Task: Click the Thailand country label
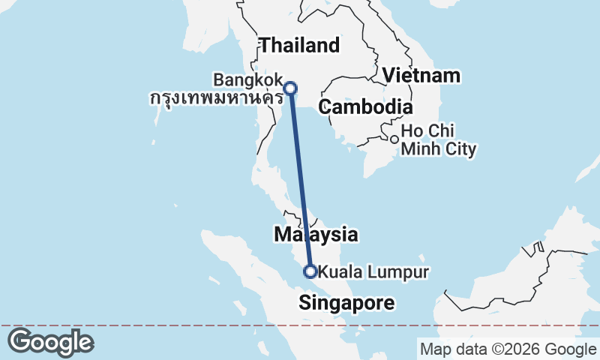pos(299,45)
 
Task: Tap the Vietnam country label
pos(421,76)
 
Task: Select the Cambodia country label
pos(365,107)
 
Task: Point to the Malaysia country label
pos(315,235)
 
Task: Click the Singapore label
pos(346,302)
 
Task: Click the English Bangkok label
pos(247,79)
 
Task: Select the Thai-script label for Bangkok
pos(216,97)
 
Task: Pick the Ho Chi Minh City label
pos(439,140)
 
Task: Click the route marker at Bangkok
pos(290,88)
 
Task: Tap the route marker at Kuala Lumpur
pos(309,271)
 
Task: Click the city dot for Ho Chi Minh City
pos(394,139)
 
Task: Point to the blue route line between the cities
pos(299,180)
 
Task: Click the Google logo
pos(50,342)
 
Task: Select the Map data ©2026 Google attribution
pos(508,349)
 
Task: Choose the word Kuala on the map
pos(338,271)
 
